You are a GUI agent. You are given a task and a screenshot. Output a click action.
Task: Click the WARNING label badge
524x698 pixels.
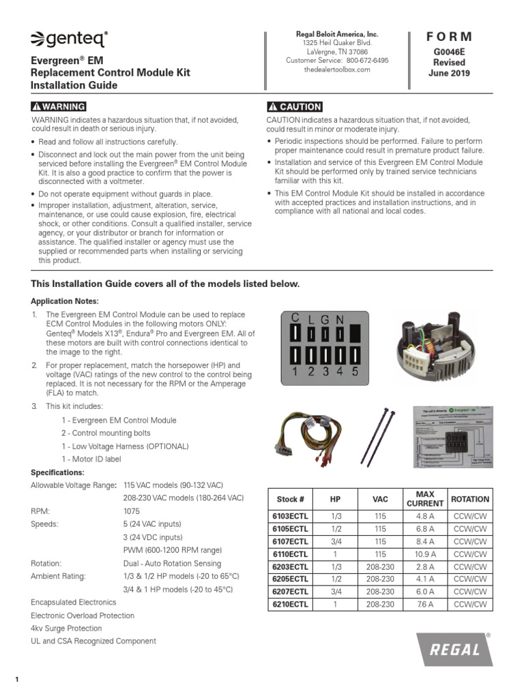click(59, 107)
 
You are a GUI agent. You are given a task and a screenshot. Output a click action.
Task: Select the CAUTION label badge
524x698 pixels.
click(295, 107)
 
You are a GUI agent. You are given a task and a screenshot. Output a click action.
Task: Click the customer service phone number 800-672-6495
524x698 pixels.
click(365, 61)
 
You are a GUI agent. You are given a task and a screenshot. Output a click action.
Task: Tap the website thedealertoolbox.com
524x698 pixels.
click(337, 70)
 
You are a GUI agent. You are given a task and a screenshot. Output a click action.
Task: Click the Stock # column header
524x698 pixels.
click(291, 499)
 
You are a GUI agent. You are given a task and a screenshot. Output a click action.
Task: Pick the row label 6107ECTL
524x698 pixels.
click(291, 542)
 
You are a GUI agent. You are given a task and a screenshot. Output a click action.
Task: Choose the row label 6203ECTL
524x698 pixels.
click(291, 567)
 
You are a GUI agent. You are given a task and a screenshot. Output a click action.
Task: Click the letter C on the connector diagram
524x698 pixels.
click(295, 318)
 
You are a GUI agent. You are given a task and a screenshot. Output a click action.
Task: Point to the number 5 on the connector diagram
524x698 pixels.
click(355, 372)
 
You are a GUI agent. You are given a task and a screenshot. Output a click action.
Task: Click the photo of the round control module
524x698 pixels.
click(437, 346)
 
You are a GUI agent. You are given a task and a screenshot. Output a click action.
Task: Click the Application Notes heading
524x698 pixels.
click(65, 301)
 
